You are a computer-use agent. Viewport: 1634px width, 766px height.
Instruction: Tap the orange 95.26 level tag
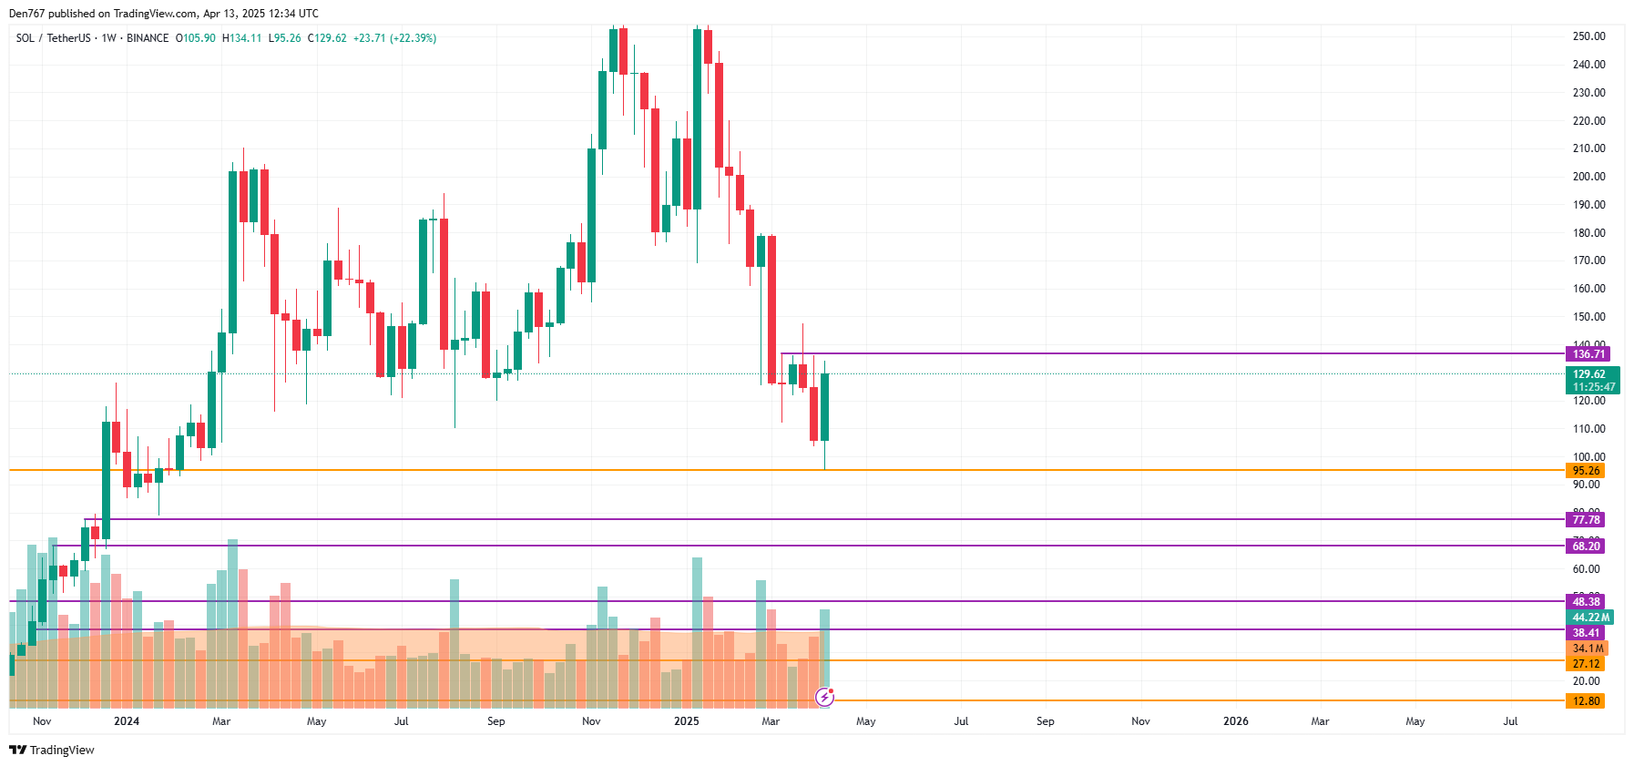tap(1585, 471)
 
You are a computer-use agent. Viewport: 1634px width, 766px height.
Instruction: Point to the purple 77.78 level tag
tap(1585, 520)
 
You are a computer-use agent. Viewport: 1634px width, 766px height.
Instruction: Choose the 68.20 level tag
tap(1585, 546)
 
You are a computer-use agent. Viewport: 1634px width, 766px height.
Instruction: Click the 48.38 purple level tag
tap(1585, 602)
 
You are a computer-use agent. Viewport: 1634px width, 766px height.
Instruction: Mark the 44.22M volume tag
tap(1589, 618)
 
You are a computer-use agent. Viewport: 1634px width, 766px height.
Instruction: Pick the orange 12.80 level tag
tap(1585, 701)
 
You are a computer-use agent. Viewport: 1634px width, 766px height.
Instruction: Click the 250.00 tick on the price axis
tap(1588, 36)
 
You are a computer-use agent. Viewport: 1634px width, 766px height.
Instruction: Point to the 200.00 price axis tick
tap(1588, 177)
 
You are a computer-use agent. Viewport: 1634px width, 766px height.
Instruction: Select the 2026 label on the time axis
tap(1235, 721)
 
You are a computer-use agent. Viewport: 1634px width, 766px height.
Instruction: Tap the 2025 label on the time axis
tap(686, 721)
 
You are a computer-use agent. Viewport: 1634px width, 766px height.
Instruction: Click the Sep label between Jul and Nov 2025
tap(1045, 721)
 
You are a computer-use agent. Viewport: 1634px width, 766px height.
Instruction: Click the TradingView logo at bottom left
tap(52, 751)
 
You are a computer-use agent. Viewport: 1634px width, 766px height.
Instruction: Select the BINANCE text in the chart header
tap(148, 38)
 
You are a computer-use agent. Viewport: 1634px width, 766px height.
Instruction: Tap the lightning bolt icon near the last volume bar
tap(824, 698)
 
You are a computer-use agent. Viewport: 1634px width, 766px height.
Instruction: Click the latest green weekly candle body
tap(824, 407)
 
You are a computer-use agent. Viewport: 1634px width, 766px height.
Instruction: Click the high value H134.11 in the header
tap(242, 38)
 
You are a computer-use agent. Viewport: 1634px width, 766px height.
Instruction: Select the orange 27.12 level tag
tap(1585, 664)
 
